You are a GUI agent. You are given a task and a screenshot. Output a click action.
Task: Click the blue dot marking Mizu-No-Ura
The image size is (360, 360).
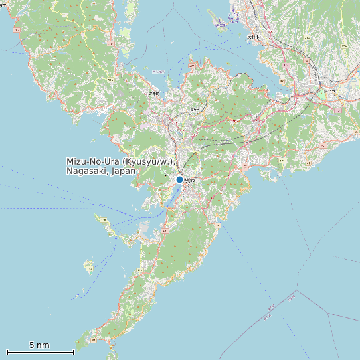click(x=179, y=179)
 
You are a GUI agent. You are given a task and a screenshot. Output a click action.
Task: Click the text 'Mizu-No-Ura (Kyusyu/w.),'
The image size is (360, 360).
click(x=120, y=162)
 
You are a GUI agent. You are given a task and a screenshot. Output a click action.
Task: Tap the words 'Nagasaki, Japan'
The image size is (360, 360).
click(x=101, y=171)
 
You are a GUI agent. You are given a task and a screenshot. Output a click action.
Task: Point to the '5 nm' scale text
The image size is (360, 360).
click(x=39, y=345)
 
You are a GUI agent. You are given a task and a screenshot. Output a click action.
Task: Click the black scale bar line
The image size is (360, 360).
click(x=40, y=352)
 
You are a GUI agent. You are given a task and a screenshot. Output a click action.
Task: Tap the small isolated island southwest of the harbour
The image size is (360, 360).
click(x=89, y=266)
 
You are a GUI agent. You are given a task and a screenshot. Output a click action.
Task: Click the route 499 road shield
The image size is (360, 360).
click(x=165, y=230)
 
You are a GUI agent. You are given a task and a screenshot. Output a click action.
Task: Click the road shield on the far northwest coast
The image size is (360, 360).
click(x=17, y=29)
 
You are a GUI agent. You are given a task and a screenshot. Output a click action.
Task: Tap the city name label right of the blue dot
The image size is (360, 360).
click(x=190, y=180)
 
